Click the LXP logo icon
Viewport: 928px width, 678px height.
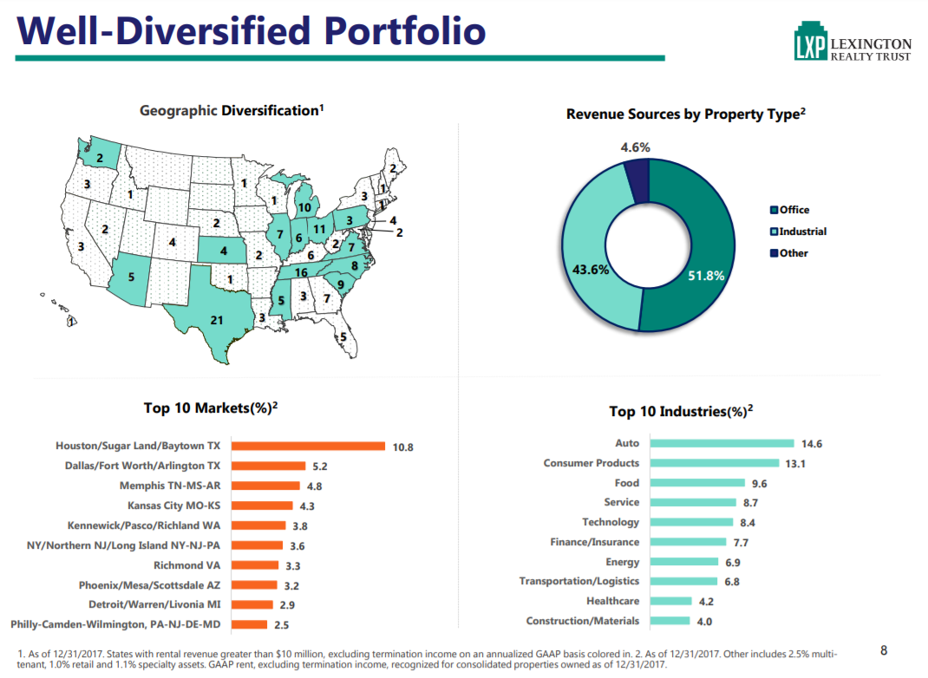[809, 43]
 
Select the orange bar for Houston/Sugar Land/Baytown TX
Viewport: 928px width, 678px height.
[308, 447]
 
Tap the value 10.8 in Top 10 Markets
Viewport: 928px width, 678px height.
[403, 447]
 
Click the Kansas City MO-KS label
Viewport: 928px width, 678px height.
[173, 505]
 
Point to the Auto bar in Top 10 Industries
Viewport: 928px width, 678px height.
[721, 444]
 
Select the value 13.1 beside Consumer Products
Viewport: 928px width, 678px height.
[795, 464]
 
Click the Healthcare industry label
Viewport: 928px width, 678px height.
[612, 601]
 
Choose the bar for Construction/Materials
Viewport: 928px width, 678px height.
[669, 621]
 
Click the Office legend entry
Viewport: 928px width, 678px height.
[793, 210]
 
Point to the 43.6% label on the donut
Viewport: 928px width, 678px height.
[591, 269]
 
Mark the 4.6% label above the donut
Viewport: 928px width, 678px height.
[635, 147]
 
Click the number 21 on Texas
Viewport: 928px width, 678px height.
[217, 320]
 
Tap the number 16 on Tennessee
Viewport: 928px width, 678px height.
[301, 272]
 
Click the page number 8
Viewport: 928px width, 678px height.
[884, 650]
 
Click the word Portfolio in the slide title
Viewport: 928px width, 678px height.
[404, 30]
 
